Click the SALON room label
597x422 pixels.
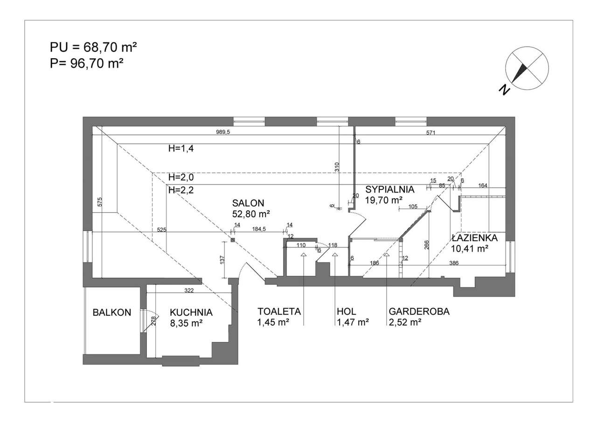(x=248, y=203)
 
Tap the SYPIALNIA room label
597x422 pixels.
(x=389, y=189)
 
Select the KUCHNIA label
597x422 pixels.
(x=191, y=312)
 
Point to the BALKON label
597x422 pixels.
(x=112, y=312)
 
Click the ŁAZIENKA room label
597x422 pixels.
(x=475, y=238)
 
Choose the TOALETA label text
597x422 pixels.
(x=279, y=311)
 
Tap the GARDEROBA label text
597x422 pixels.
(x=419, y=311)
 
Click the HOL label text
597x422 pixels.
(x=346, y=311)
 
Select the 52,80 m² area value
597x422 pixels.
(x=251, y=214)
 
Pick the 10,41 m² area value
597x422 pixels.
(x=470, y=249)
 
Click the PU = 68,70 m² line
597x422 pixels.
(x=93, y=48)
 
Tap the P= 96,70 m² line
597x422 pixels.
(x=87, y=64)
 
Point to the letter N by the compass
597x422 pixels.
(x=504, y=90)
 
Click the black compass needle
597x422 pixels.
(x=518, y=73)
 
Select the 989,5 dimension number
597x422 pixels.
(x=223, y=132)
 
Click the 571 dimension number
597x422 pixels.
(x=430, y=132)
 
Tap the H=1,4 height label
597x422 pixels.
(x=181, y=148)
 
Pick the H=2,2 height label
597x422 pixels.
(x=181, y=190)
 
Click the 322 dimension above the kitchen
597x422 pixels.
(x=189, y=291)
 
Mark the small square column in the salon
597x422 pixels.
(x=233, y=240)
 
